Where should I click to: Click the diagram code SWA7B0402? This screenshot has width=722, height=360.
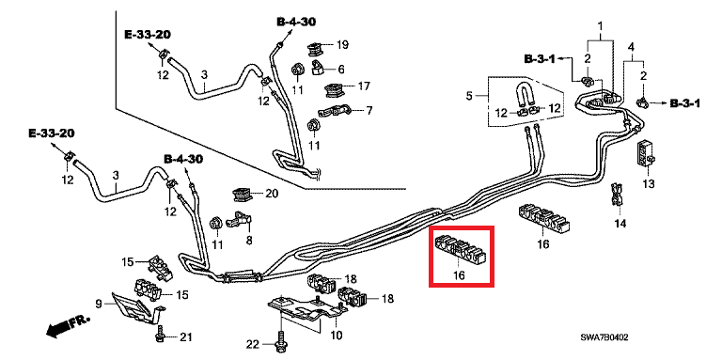click(x=605, y=337)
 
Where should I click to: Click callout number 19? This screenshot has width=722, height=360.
click(x=342, y=45)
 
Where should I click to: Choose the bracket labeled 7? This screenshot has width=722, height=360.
click(x=335, y=112)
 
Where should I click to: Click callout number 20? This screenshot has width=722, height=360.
click(x=272, y=194)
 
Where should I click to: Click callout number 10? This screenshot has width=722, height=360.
click(x=337, y=336)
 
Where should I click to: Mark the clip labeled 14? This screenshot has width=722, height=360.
click(x=617, y=196)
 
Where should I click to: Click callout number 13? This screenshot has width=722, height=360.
click(x=649, y=184)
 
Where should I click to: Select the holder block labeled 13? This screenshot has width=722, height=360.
click(x=646, y=154)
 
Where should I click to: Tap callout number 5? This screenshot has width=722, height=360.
click(x=469, y=96)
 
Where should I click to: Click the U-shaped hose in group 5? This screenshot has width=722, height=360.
click(x=525, y=95)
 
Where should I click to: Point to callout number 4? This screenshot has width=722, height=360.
click(x=631, y=47)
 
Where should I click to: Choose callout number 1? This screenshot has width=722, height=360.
click(x=601, y=24)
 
